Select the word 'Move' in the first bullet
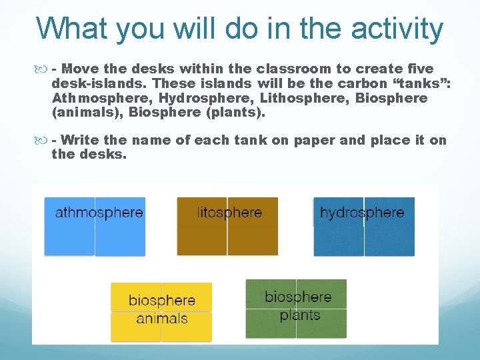pos(83,69)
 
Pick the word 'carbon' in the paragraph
pos(361,83)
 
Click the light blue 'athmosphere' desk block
pos(95,227)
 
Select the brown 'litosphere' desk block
pos(227,227)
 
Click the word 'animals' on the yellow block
pos(162,319)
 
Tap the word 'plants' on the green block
pos(300,315)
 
